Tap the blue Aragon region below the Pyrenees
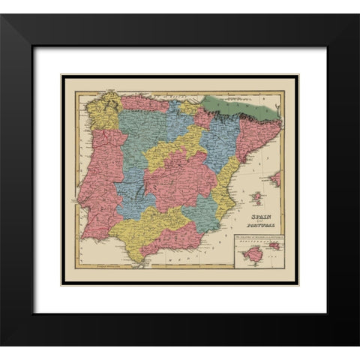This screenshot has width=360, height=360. [221, 135]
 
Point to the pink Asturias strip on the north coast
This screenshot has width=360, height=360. [142, 103]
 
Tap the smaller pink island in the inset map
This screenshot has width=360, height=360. [274, 245]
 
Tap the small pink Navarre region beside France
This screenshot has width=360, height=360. [203, 118]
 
